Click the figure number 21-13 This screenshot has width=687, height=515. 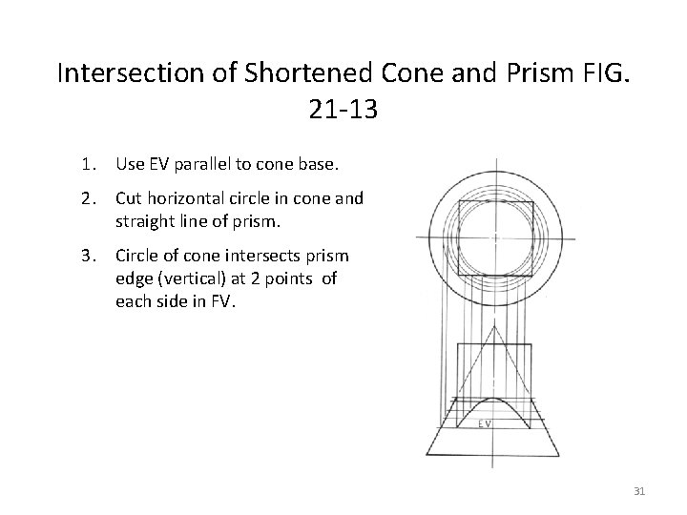[x=343, y=110]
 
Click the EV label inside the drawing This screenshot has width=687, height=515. [x=485, y=422]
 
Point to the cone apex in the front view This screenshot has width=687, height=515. [x=494, y=324]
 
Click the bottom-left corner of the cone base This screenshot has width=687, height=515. [x=428, y=453]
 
